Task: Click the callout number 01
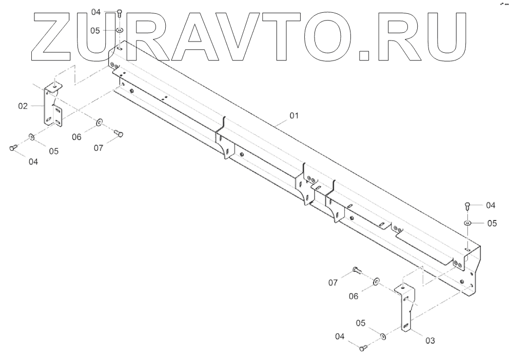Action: click(x=293, y=116)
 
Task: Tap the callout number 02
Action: click(x=23, y=106)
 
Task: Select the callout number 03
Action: click(x=430, y=340)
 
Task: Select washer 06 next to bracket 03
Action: click(x=376, y=281)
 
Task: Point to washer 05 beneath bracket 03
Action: click(x=383, y=336)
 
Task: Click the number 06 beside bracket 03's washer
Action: click(x=355, y=296)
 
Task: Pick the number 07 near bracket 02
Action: click(x=99, y=148)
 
